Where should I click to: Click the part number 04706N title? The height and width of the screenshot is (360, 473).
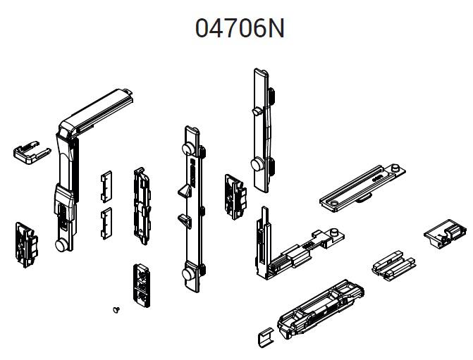(240, 28)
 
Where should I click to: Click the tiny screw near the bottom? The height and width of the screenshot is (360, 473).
(116, 309)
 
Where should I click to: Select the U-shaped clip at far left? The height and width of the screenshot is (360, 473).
(32, 151)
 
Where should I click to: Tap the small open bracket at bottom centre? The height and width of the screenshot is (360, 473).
(266, 337)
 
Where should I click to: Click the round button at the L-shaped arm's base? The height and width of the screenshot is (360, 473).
(62, 244)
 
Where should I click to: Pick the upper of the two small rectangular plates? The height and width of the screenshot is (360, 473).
(106, 186)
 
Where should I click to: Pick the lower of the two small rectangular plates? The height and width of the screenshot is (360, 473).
(106, 223)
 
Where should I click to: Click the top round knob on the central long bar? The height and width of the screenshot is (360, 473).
(189, 149)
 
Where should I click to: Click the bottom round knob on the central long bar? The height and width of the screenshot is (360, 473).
(189, 273)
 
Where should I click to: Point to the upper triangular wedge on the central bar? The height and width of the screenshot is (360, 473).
(185, 192)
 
